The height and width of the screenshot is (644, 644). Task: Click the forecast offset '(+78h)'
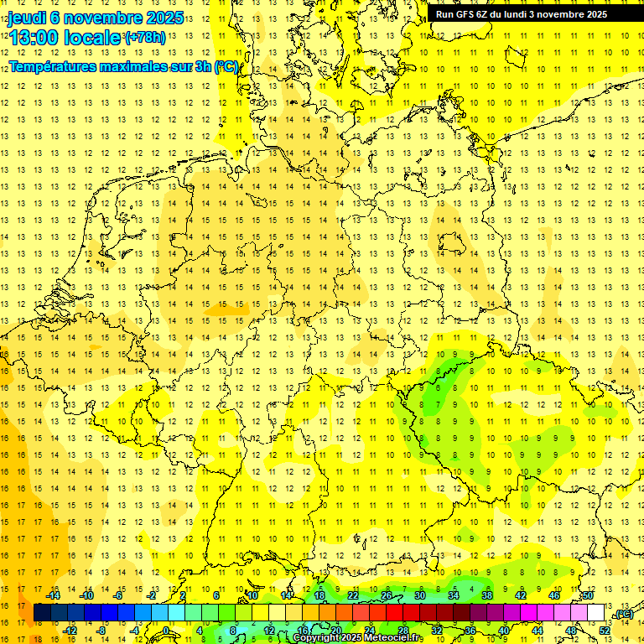coord(146,38)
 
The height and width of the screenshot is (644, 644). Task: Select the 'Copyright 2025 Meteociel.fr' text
coord(357,638)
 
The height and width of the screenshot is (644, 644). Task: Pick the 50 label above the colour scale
coord(588,595)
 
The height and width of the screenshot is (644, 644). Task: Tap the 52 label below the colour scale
coord(605,631)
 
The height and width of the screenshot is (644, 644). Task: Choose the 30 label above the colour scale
coord(420,595)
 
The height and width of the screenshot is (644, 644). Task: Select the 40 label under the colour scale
coord(504,631)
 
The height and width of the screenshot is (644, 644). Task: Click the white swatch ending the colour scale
coord(596,613)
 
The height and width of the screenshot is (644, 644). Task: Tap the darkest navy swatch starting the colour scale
coord(42,613)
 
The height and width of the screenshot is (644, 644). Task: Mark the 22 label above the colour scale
coord(353,595)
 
